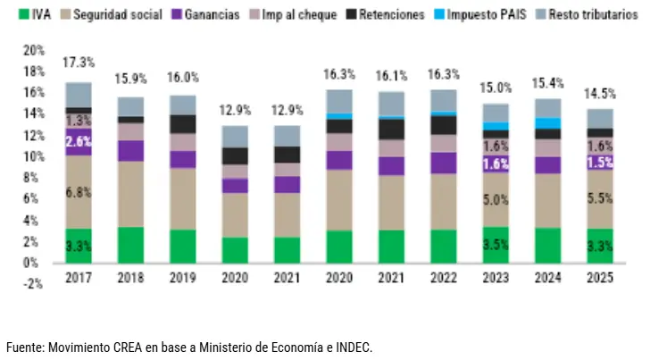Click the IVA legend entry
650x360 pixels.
pos(37,15)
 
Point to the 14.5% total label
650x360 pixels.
pos(598,93)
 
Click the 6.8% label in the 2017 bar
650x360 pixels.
pos(78,192)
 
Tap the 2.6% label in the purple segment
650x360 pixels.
pos(78,141)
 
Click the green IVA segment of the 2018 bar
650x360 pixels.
pos(130,245)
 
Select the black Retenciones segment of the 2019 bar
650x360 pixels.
pos(182,123)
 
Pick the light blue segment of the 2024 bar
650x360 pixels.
pos(546,123)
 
